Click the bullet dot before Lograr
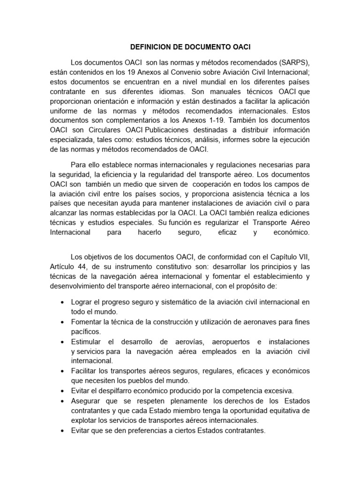click(x=62, y=303)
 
